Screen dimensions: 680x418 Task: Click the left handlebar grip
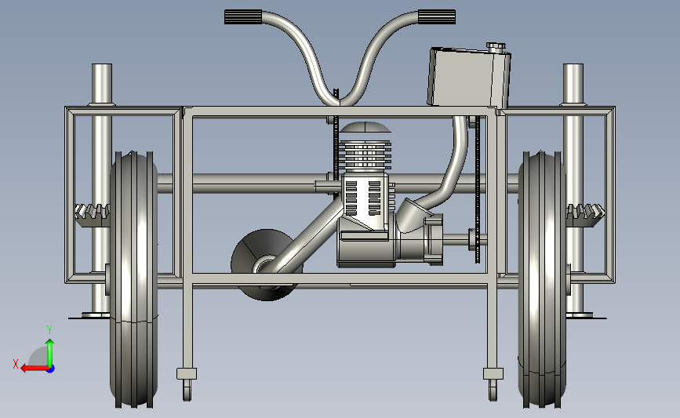(x=243, y=17)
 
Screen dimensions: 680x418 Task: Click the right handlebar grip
(x=437, y=17)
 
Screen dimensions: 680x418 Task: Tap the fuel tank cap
(x=496, y=46)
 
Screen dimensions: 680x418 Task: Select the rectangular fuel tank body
(x=469, y=78)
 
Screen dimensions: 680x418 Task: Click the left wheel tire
(x=133, y=280)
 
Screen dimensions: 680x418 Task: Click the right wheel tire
(x=542, y=280)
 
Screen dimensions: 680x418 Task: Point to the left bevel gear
(x=92, y=215)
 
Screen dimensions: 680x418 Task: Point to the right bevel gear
(x=585, y=215)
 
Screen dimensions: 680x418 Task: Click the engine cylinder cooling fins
(x=365, y=155)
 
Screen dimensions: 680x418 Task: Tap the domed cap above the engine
(x=365, y=127)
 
